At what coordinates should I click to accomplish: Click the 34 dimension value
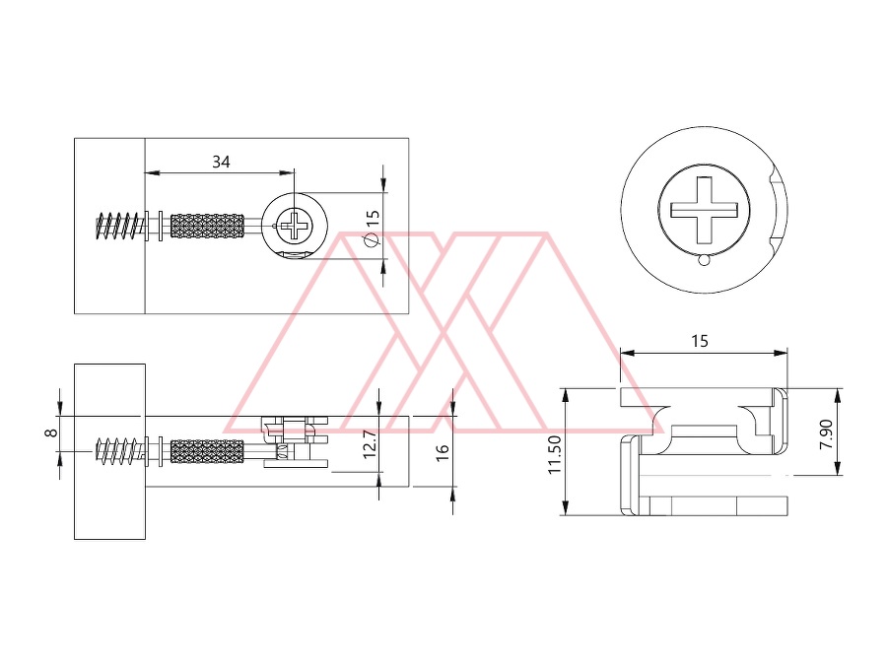[x=221, y=162]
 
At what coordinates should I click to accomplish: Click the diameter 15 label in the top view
[x=372, y=228]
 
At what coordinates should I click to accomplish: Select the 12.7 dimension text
[x=369, y=444]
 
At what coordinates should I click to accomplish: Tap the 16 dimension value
[x=443, y=451]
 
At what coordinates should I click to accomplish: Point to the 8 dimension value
[x=51, y=432]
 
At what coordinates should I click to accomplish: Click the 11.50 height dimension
[x=554, y=454]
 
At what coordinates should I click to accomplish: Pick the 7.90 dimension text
[x=826, y=434]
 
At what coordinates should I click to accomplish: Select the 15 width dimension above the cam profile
[x=700, y=341]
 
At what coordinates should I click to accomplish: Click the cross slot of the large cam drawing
[x=705, y=210]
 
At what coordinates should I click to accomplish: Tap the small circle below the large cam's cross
[x=704, y=260]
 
